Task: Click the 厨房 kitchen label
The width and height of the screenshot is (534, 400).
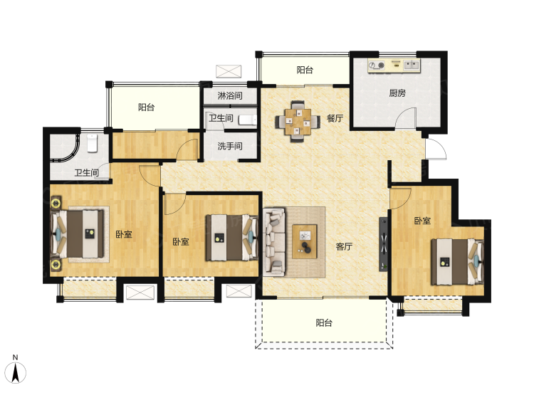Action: point(397,93)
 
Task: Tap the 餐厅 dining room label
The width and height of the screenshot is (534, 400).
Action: point(335,118)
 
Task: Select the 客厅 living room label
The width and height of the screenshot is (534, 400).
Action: point(344,246)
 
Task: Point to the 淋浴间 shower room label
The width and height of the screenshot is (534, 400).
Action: point(230,95)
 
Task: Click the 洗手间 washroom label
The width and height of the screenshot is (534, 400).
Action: point(230,146)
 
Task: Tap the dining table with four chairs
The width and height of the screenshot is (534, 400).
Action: point(298,121)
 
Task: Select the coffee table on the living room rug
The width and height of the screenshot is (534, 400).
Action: point(305,241)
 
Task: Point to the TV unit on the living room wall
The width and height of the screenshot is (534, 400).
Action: point(384,244)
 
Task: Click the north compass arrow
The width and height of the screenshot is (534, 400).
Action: point(15,373)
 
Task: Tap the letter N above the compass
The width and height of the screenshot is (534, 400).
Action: point(15,357)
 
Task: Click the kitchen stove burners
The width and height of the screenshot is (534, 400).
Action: point(377,65)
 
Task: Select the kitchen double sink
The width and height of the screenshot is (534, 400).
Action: point(412,65)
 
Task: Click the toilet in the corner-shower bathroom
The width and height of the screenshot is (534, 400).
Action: point(92,143)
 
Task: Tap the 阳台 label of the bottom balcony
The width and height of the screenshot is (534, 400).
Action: point(323,322)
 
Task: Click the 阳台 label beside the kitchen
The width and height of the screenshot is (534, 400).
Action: point(305,70)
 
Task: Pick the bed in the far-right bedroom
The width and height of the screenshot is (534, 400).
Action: point(457,262)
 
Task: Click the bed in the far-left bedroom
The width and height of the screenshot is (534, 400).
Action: point(78,234)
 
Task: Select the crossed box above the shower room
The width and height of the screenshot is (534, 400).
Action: point(229,71)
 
